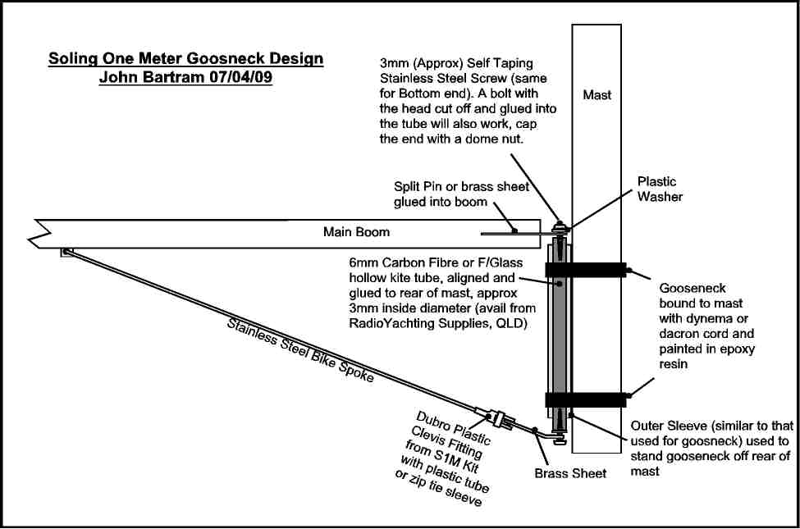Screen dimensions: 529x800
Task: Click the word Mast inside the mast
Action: (x=597, y=95)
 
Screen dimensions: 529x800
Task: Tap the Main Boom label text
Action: (x=356, y=232)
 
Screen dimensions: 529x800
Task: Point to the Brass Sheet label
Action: (x=570, y=473)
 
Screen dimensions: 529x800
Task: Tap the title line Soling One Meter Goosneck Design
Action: (x=185, y=59)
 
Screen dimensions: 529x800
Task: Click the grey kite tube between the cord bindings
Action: (x=560, y=336)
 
